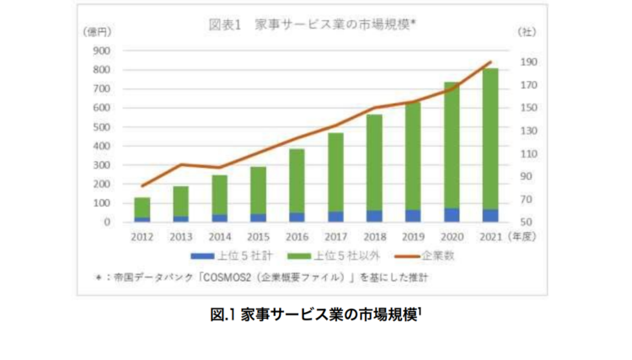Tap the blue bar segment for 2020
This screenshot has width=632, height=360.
pos(452,215)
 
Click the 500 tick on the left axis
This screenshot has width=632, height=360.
pos(101,126)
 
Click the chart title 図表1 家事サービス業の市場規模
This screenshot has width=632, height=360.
pos(313,24)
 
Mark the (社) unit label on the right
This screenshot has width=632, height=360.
pos(525,31)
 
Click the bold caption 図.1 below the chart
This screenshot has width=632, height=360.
pos(222,315)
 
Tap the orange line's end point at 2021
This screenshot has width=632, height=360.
pos(490,62)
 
